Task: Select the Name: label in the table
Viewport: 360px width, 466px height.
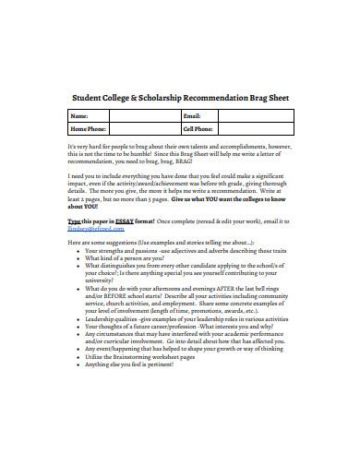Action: (x=80, y=116)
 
